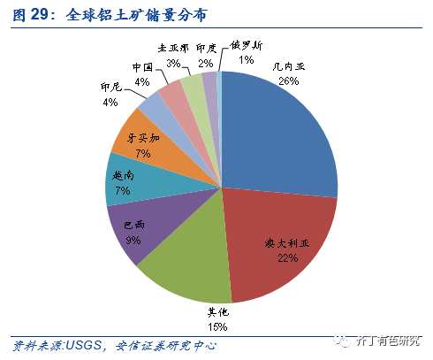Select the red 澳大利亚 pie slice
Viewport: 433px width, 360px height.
278,239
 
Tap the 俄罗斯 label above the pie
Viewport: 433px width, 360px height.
247,45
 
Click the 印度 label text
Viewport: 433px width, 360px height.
206,50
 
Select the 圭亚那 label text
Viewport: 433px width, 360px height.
172,50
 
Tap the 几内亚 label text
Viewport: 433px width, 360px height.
286,65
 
